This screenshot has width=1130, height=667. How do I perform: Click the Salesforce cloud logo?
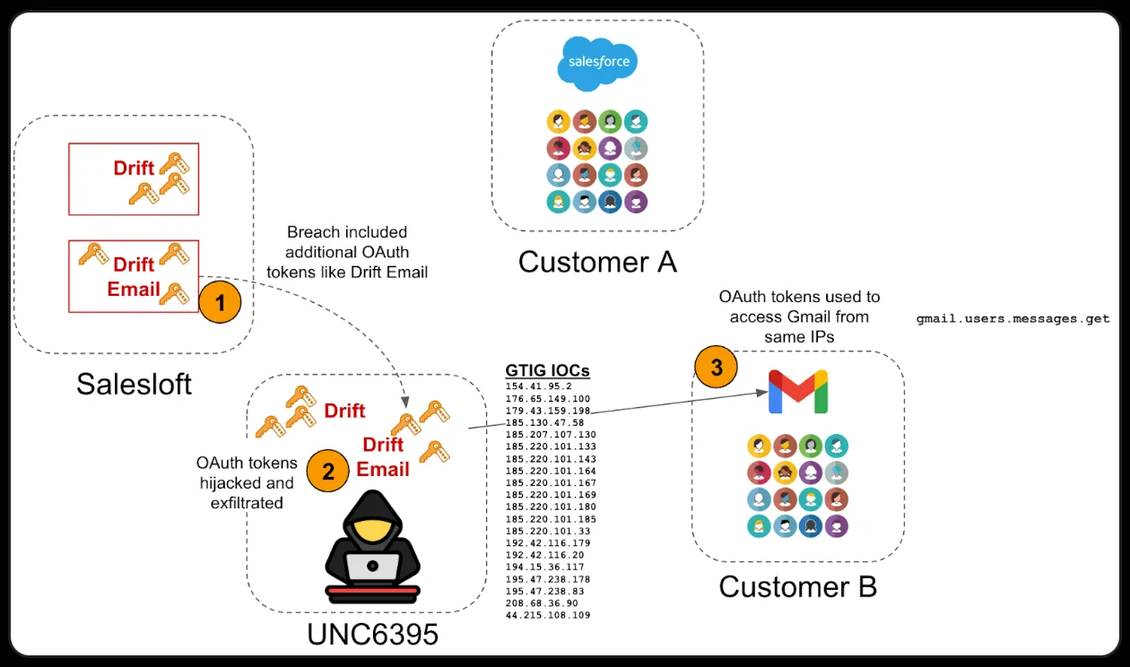point(597,64)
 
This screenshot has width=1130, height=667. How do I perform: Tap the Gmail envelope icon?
point(797,392)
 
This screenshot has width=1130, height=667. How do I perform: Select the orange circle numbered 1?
point(220,302)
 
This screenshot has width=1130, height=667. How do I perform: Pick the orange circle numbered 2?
point(328,471)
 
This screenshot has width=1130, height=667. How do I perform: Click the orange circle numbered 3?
point(716,367)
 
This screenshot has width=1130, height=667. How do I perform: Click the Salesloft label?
point(134,384)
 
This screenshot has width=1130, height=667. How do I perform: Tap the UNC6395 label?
point(372,634)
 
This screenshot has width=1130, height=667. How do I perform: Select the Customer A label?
point(597,262)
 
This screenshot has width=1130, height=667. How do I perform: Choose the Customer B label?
point(797,586)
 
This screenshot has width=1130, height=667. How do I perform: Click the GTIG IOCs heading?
point(547,371)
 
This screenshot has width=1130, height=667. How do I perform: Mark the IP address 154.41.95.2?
point(538,386)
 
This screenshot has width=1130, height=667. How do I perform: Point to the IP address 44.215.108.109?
point(548,616)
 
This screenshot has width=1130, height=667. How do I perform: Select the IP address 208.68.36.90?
point(542,603)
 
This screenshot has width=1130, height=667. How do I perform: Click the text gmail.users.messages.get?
point(1013,318)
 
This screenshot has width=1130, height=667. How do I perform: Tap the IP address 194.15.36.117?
point(544,567)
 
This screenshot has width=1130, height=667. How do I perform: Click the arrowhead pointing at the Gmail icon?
point(761,392)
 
